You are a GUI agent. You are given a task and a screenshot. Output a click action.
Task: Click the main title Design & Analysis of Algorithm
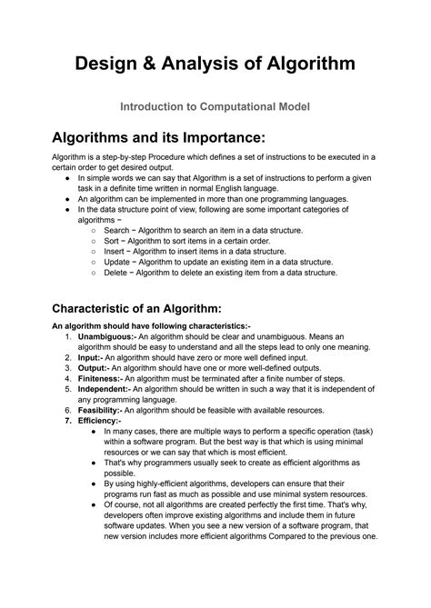click(215, 64)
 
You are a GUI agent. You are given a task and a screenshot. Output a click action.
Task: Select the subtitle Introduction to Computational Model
click(215, 106)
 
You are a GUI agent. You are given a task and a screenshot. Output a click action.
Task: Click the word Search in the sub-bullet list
click(117, 231)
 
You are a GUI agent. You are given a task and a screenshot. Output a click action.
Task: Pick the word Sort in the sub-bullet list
click(112, 241)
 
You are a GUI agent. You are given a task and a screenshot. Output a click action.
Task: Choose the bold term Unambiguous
click(105, 336)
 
